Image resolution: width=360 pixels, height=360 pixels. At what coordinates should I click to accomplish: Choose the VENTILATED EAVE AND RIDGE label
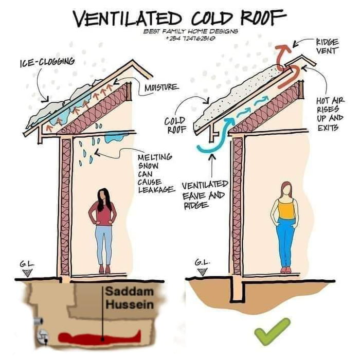coord(204,195)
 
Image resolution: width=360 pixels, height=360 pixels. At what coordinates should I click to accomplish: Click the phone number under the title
coord(183,38)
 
